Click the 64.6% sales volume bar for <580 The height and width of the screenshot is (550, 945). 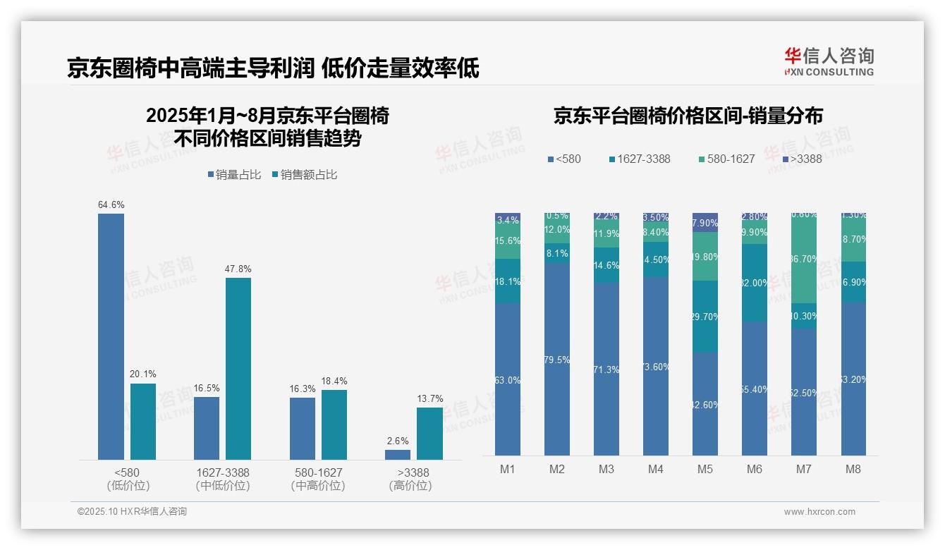click(x=111, y=336)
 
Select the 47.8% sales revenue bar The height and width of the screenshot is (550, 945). click(x=238, y=368)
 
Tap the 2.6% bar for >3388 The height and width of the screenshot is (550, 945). click(x=398, y=455)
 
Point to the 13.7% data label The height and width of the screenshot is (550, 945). click(x=429, y=399)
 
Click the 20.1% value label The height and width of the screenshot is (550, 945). click(x=143, y=374)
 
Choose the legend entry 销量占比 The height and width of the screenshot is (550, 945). click(x=237, y=175)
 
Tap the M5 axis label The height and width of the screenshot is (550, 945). click(x=705, y=470)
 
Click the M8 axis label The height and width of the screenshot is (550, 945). click(x=853, y=470)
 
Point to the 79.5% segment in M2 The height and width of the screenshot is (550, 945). click(x=557, y=359)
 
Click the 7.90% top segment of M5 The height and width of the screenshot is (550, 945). click(x=705, y=222)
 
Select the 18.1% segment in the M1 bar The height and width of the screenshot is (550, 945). click(x=508, y=281)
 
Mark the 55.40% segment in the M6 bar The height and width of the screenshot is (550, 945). click(x=755, y=389)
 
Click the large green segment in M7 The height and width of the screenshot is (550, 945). click(x=804, y=259)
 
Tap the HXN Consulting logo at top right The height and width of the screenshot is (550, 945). click(x=829, y=61)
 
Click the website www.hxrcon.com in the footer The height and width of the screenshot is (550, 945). click(x=819, y=512)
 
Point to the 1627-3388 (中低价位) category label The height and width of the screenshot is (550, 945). click(x=222, y=479)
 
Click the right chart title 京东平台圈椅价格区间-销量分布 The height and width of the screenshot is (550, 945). click(x=688, y=116)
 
